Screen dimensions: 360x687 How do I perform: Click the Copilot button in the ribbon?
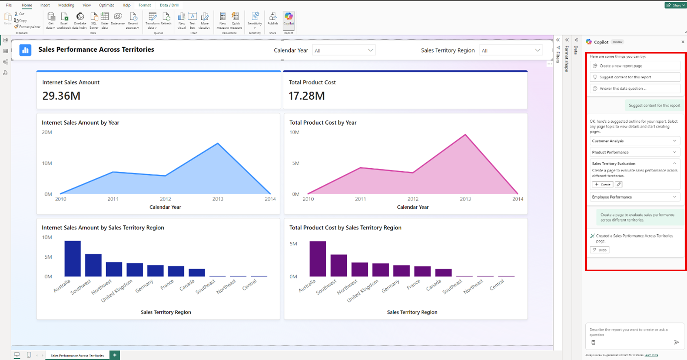(288, 19)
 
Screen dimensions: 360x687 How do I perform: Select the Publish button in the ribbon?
(272, 19)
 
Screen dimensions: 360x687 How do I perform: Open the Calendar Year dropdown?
(343, 51)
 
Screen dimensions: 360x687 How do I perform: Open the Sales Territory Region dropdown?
(511, 51)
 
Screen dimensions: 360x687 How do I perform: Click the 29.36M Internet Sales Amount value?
(61, 96)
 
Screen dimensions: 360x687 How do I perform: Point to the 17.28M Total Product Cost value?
(307, 96)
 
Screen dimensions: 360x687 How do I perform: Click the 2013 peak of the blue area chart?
(218, 143)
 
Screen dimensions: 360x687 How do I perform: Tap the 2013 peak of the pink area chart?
(465, 135)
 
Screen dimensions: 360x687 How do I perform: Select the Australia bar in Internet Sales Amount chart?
(72, 259)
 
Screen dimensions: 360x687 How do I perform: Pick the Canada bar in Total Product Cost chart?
(443, 273)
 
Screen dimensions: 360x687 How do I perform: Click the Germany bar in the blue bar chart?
(155, 271)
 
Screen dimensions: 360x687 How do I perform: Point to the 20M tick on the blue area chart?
(47, 132)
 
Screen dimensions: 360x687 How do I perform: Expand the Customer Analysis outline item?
(635, 141)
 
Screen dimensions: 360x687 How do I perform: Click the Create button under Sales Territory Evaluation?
(603, 184)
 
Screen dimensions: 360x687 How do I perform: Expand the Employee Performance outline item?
(635, 197)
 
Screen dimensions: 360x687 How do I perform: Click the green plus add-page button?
(115, 355)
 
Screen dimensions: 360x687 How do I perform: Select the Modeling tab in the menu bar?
(66, 5)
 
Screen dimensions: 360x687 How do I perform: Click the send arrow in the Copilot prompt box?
(676, 342)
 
